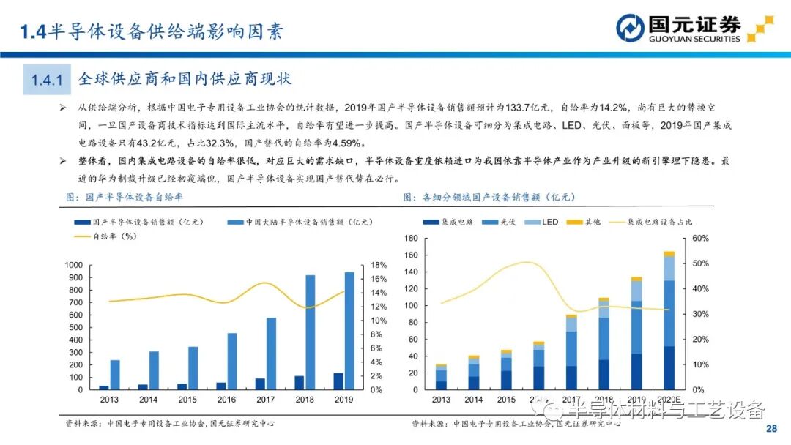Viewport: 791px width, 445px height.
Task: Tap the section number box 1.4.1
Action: tap(47, 78)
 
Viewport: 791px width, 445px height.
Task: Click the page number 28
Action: tap(770, 428)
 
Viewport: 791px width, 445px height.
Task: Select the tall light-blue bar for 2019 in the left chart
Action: tap(349, 331)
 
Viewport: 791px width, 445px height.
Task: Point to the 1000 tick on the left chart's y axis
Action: tap(74, 265)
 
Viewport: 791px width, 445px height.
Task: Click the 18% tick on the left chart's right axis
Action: tap(377, 265)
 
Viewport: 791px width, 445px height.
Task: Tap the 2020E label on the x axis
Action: tap(669, 400)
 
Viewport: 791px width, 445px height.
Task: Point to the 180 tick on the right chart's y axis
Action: tap(410, 239)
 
